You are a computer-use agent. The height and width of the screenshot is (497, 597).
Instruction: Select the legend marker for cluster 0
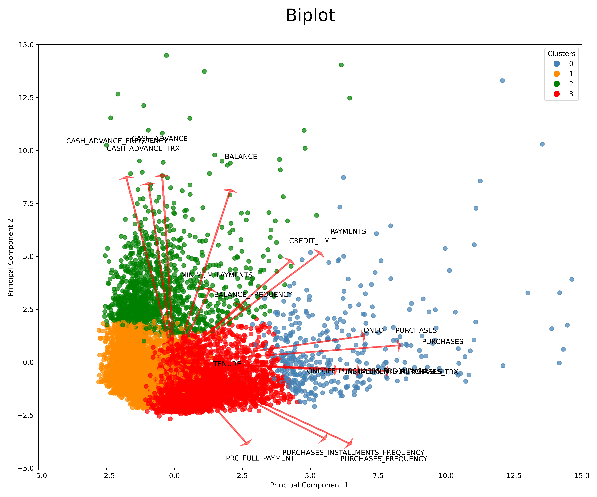[557, 64]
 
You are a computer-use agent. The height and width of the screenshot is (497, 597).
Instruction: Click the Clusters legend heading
[561, 54]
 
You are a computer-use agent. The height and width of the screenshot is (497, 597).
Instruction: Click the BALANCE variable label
[241, 157]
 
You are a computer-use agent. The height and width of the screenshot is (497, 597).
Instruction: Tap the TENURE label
[227, 364]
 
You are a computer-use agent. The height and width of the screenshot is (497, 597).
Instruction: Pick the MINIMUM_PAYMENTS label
[217, 275]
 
